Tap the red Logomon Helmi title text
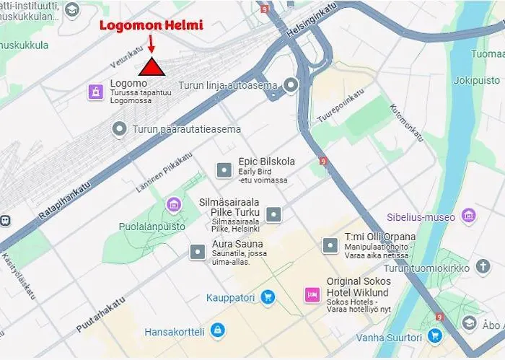coord(151,25)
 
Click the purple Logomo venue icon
coord(95,91)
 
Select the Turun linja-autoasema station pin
coord(291,85)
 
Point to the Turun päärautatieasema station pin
coord(120,128)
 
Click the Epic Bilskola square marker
coord(224,170)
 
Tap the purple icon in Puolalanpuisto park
coord(172,205)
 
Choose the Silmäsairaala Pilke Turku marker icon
coord(273,214)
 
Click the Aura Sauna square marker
coord(197,252)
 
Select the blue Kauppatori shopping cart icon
coord(268,297)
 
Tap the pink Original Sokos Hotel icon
coord(312,294)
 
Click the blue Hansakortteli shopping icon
coord(217,331)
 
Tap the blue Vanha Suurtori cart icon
coord(434,335)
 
